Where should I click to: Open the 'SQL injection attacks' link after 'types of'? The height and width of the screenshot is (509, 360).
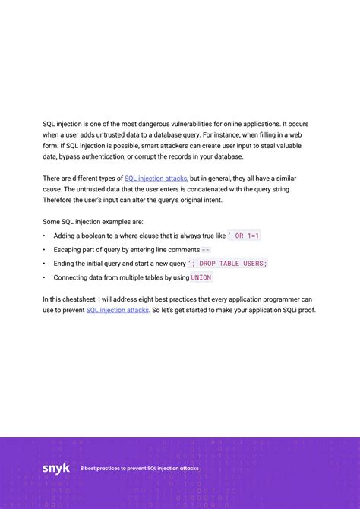coord(156,178)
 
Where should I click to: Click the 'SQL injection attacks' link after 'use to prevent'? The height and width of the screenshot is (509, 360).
coord(117,311)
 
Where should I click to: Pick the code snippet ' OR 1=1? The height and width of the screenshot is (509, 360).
coord(244,236)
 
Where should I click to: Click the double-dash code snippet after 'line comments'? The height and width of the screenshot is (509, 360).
coord(206,250)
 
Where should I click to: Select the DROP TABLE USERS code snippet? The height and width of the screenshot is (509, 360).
coord(228,264)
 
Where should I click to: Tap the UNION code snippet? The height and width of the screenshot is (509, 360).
coord(201,277)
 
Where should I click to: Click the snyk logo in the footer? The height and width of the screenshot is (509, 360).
coord(55,468)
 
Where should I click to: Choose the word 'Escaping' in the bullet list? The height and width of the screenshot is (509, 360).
coord(68,250)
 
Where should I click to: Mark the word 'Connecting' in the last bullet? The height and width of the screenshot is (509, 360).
coord(72,277)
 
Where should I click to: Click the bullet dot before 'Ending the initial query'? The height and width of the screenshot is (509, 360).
coord(44,264)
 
